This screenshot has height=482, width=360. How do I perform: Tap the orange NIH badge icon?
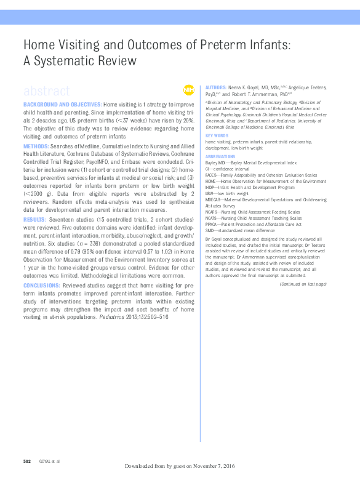pyautogui.click(x=188, y=90)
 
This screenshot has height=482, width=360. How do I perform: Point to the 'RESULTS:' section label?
pyautogui.click(x=35, y=219)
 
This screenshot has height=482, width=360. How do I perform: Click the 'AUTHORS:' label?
pyautogui.click(x=216, y=88)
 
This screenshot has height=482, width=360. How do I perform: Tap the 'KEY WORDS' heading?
pyautogui.click(x=217, y=135)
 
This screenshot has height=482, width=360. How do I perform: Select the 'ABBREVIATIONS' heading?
pyautogui.click(x=221, y=156)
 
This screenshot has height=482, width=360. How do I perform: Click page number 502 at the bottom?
pyautogui.click(x=27, y=461)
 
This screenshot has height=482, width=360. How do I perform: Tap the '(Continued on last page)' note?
pyautogui.click(x=302, y=284)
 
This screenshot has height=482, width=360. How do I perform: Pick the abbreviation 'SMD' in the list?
pyautogui.click(x=210, y=230)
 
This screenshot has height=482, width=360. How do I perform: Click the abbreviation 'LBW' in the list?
pyautogui.click(x=210, y=193)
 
